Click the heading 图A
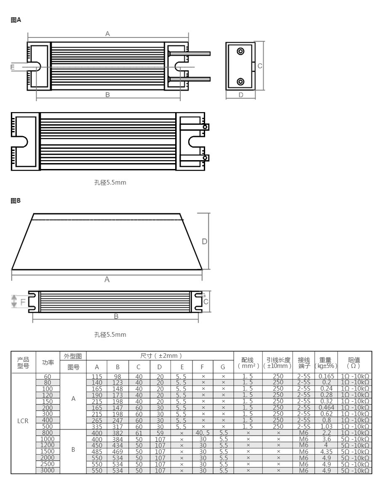coord(16,20)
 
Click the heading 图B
coord(16,201)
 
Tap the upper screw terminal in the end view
coord(240,51)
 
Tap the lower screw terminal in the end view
coord(240,82)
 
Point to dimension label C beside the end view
coord(260,66)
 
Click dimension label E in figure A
coord(13,67)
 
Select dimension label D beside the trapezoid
coord(204,241)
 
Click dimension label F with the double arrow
coord(23,302)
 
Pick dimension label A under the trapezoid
coord(107,279)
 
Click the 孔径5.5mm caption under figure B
coord(110,335)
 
